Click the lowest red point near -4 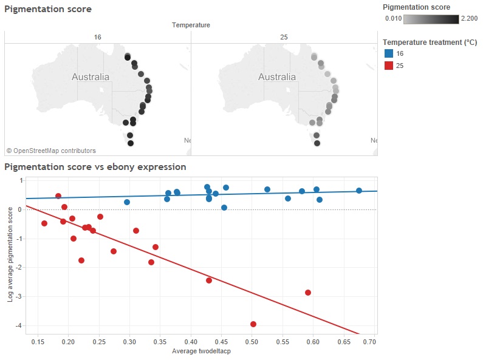(253, 324)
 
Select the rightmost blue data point (359, 191)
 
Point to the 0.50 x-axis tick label (252, 342)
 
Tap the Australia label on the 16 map (91, 77)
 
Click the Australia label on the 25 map (277, 77)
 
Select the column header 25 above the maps (284, 38)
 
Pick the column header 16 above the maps (97, 38)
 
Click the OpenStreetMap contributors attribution (51, 151)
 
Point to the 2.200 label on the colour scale (469, 19)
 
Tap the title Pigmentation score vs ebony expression (95, 166)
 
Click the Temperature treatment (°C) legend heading (430, 42)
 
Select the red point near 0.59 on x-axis (308, 293)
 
